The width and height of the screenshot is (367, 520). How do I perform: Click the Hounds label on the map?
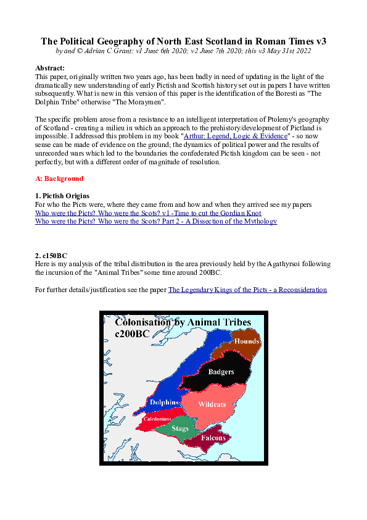[247, 341]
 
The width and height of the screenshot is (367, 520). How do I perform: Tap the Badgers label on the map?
[221, 372]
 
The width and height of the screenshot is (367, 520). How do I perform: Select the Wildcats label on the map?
[212, 405]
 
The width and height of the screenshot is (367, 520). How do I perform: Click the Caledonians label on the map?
[157, 418]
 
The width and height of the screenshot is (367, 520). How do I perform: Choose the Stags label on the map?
[180, 428]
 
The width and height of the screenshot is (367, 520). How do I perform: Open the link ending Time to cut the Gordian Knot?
[148, 213]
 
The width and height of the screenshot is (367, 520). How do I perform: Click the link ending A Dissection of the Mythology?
[156, 221]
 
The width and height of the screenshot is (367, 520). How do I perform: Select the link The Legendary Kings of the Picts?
[247, 289]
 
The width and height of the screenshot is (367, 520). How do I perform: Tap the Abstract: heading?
[50, 67]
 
